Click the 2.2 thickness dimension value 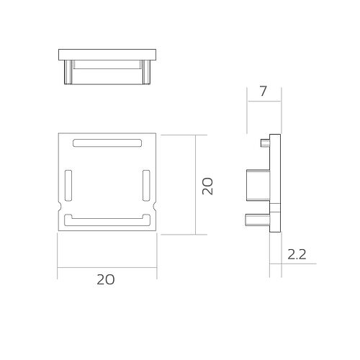click(x=296, y=253)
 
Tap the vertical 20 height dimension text click(x=207, y=185)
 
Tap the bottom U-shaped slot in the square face click(x=107, y=219)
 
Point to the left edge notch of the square click(x=58, y=208)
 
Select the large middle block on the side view click(x=257, y=185)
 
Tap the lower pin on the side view click(x=256, y=218)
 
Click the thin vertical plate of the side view click(x=275, y=184)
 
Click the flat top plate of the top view click(x=107, y=53)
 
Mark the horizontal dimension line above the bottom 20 click(x=107, y=268)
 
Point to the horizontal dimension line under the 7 click(x=264, y=102)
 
